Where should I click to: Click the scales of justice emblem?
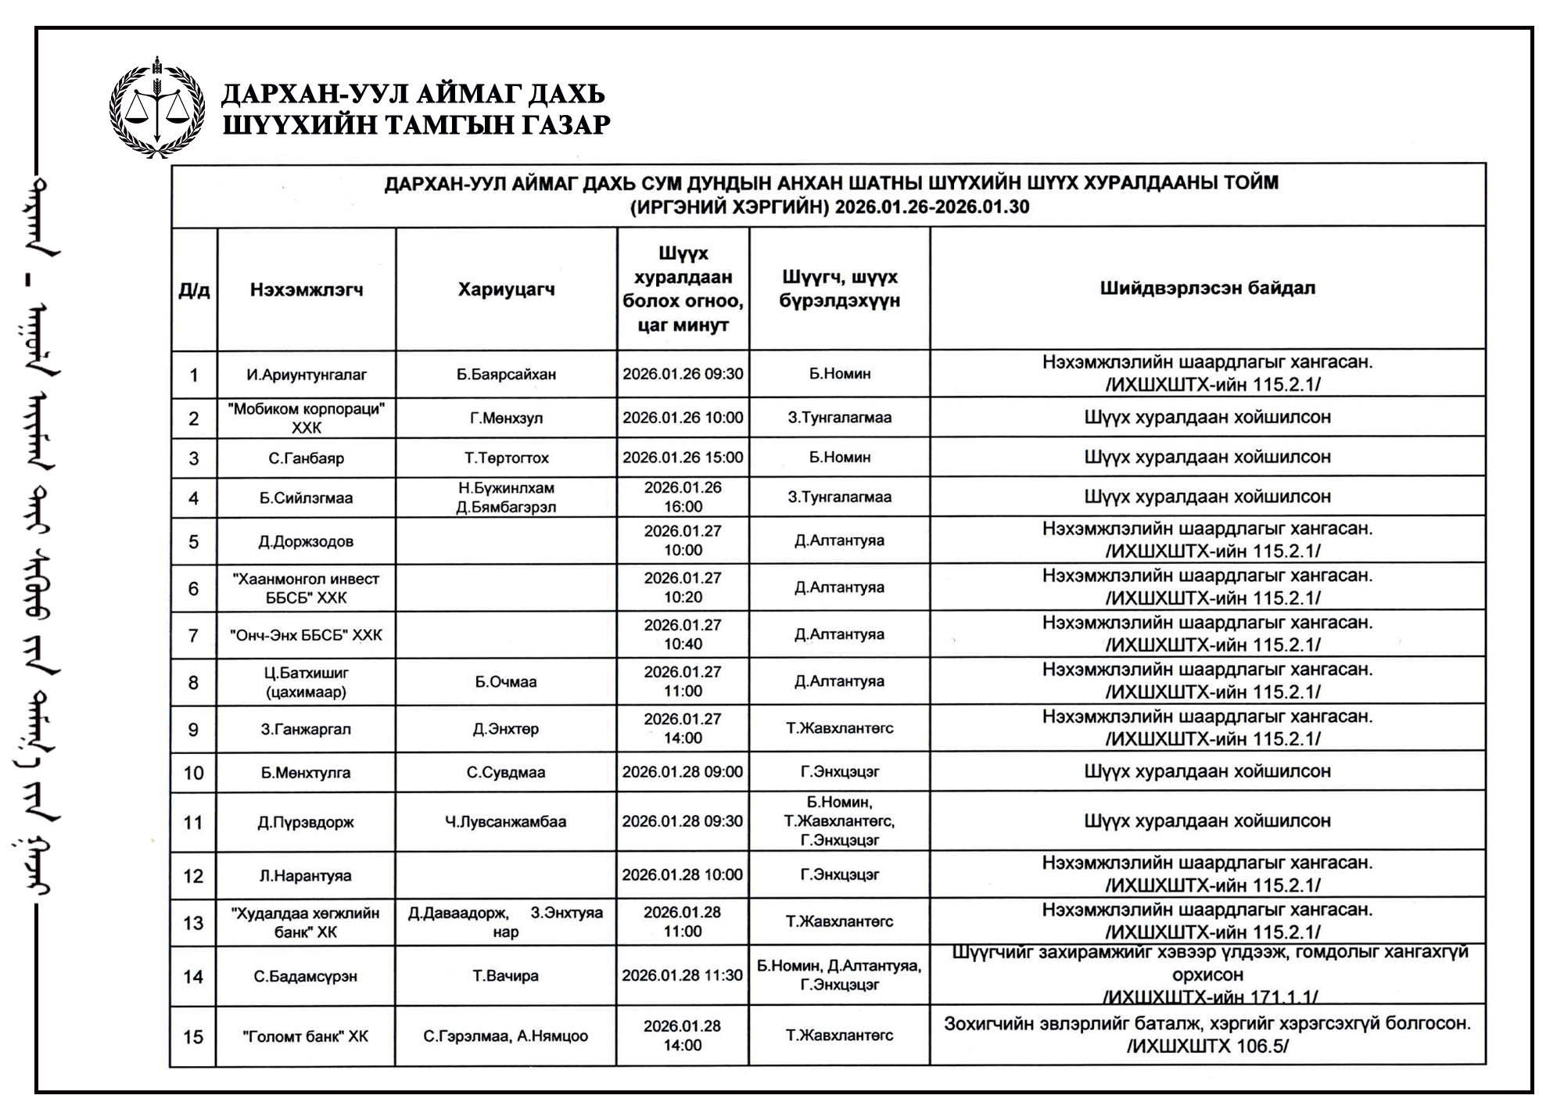pyautogui.click(x=157, y=108)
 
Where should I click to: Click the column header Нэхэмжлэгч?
pyautogui.click(x=307, y=290)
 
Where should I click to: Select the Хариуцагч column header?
pyautogui.click(x=506, y=289)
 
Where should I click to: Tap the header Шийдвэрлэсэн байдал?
pyautogui.click(x=1207, y=288)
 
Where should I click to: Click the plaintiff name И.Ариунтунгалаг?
pyautogui.click(x=307, y=375)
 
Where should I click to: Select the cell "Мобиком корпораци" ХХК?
pyautogui.click(x=307, y=418)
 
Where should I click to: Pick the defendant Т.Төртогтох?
pyautogui.click(x=506, y=458)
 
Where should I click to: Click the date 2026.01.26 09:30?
pyautogui.click(x=683, y=374)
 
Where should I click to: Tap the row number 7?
pyautogui.click(x=193, y=635)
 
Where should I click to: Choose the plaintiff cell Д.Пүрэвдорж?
pyautogui.click(x=306, y=822)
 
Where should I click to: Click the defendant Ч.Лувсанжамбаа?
pyautogui.click(x=505, y=821)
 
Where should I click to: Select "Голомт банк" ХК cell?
pyautogui.click(x=305, y=1036)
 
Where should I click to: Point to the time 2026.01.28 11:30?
pyautogui.click(x=682, y=975)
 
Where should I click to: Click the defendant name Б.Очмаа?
pyautogui.click(x=506, y=682)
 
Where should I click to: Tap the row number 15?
pyautogui.click(x=193, y=1036)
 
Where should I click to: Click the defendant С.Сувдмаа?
pyautogui.click(x=506, y=772)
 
